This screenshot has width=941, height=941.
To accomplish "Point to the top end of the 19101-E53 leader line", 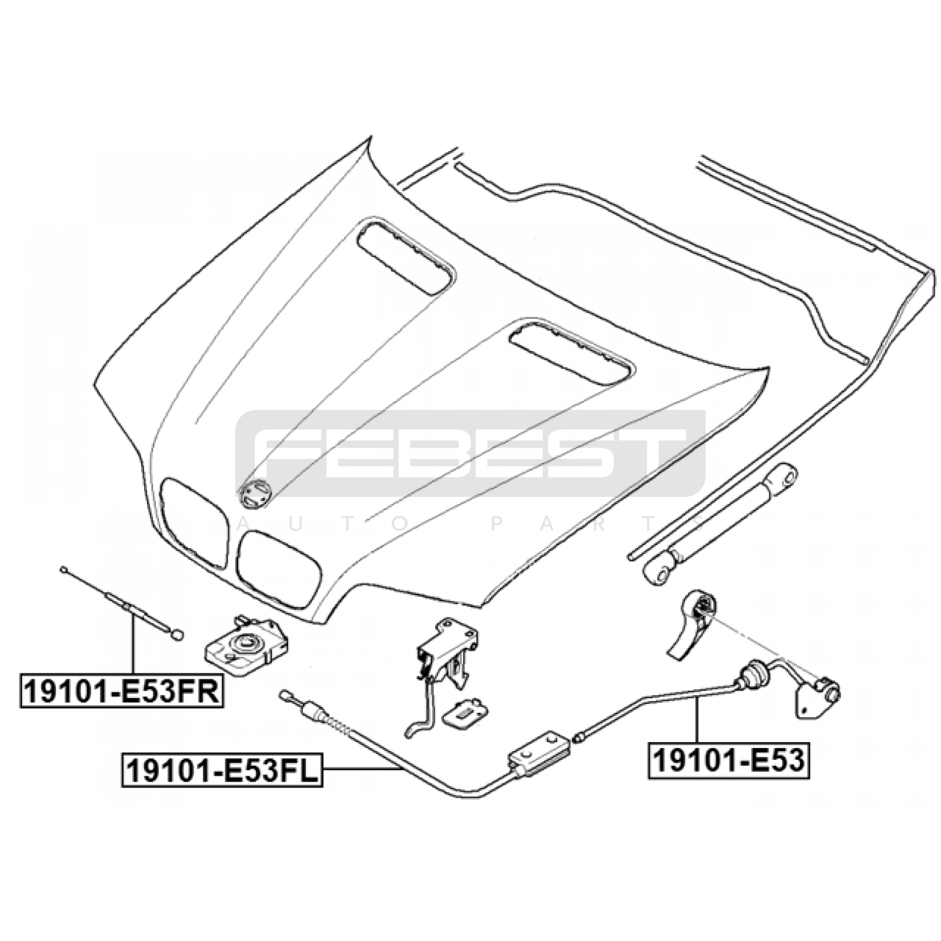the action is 696,698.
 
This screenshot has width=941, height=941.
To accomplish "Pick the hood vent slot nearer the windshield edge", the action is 405,256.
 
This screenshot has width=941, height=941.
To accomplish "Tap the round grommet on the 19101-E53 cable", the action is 749,675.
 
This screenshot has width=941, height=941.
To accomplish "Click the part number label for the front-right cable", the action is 121,690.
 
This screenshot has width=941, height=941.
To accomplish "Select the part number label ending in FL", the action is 222,771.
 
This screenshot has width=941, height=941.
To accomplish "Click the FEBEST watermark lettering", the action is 470,453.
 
